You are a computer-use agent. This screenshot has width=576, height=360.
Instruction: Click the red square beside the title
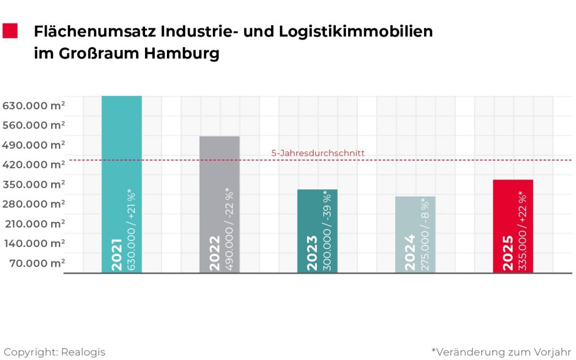click(10, 31)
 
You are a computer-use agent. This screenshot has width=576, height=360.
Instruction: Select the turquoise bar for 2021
click(122, 160)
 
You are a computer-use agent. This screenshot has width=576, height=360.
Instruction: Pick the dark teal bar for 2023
click(317, 213)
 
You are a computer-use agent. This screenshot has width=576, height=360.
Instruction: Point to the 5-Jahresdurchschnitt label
click(318, 153)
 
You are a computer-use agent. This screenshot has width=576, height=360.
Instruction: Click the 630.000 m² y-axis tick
click(34, 106)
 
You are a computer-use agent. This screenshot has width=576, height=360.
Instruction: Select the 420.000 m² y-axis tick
click(34, 165)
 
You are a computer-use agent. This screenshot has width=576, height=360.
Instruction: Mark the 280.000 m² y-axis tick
click(34, 204)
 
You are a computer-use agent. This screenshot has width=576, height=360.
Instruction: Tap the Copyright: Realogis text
click(54, 352)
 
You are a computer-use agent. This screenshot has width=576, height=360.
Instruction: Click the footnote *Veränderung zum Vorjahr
click(501, 352)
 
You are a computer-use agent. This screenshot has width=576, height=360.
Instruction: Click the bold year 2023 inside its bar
click(312, 253)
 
